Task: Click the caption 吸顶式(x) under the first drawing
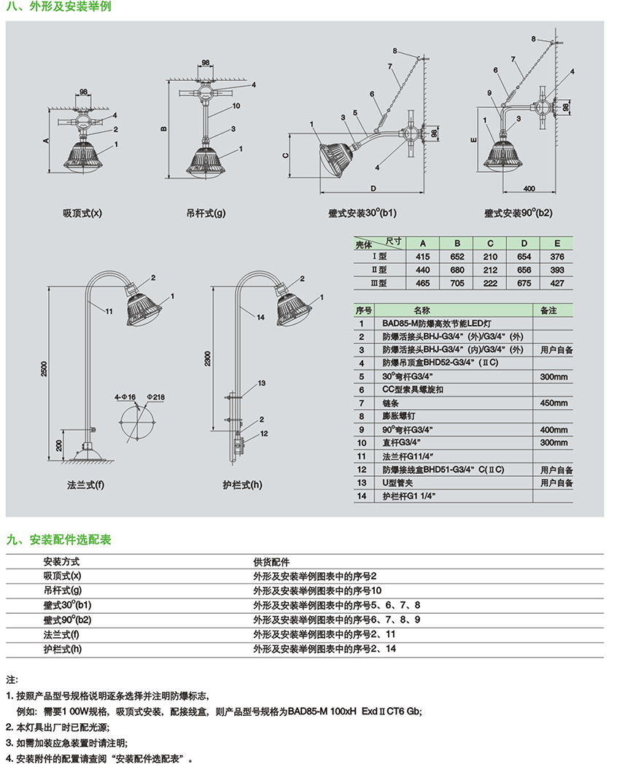(x=82, y=214)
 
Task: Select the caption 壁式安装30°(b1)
(x=362, y=214)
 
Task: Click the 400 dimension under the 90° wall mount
(x=529, y=188)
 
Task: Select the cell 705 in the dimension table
(x=457, y=283)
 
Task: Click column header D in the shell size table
(x=523, y=243)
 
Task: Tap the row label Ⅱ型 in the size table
(x=379, y=270)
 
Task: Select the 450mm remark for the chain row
(x=554, y=403)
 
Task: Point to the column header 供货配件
(x=271, y=562)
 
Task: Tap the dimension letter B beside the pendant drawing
(x=164, y=130)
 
